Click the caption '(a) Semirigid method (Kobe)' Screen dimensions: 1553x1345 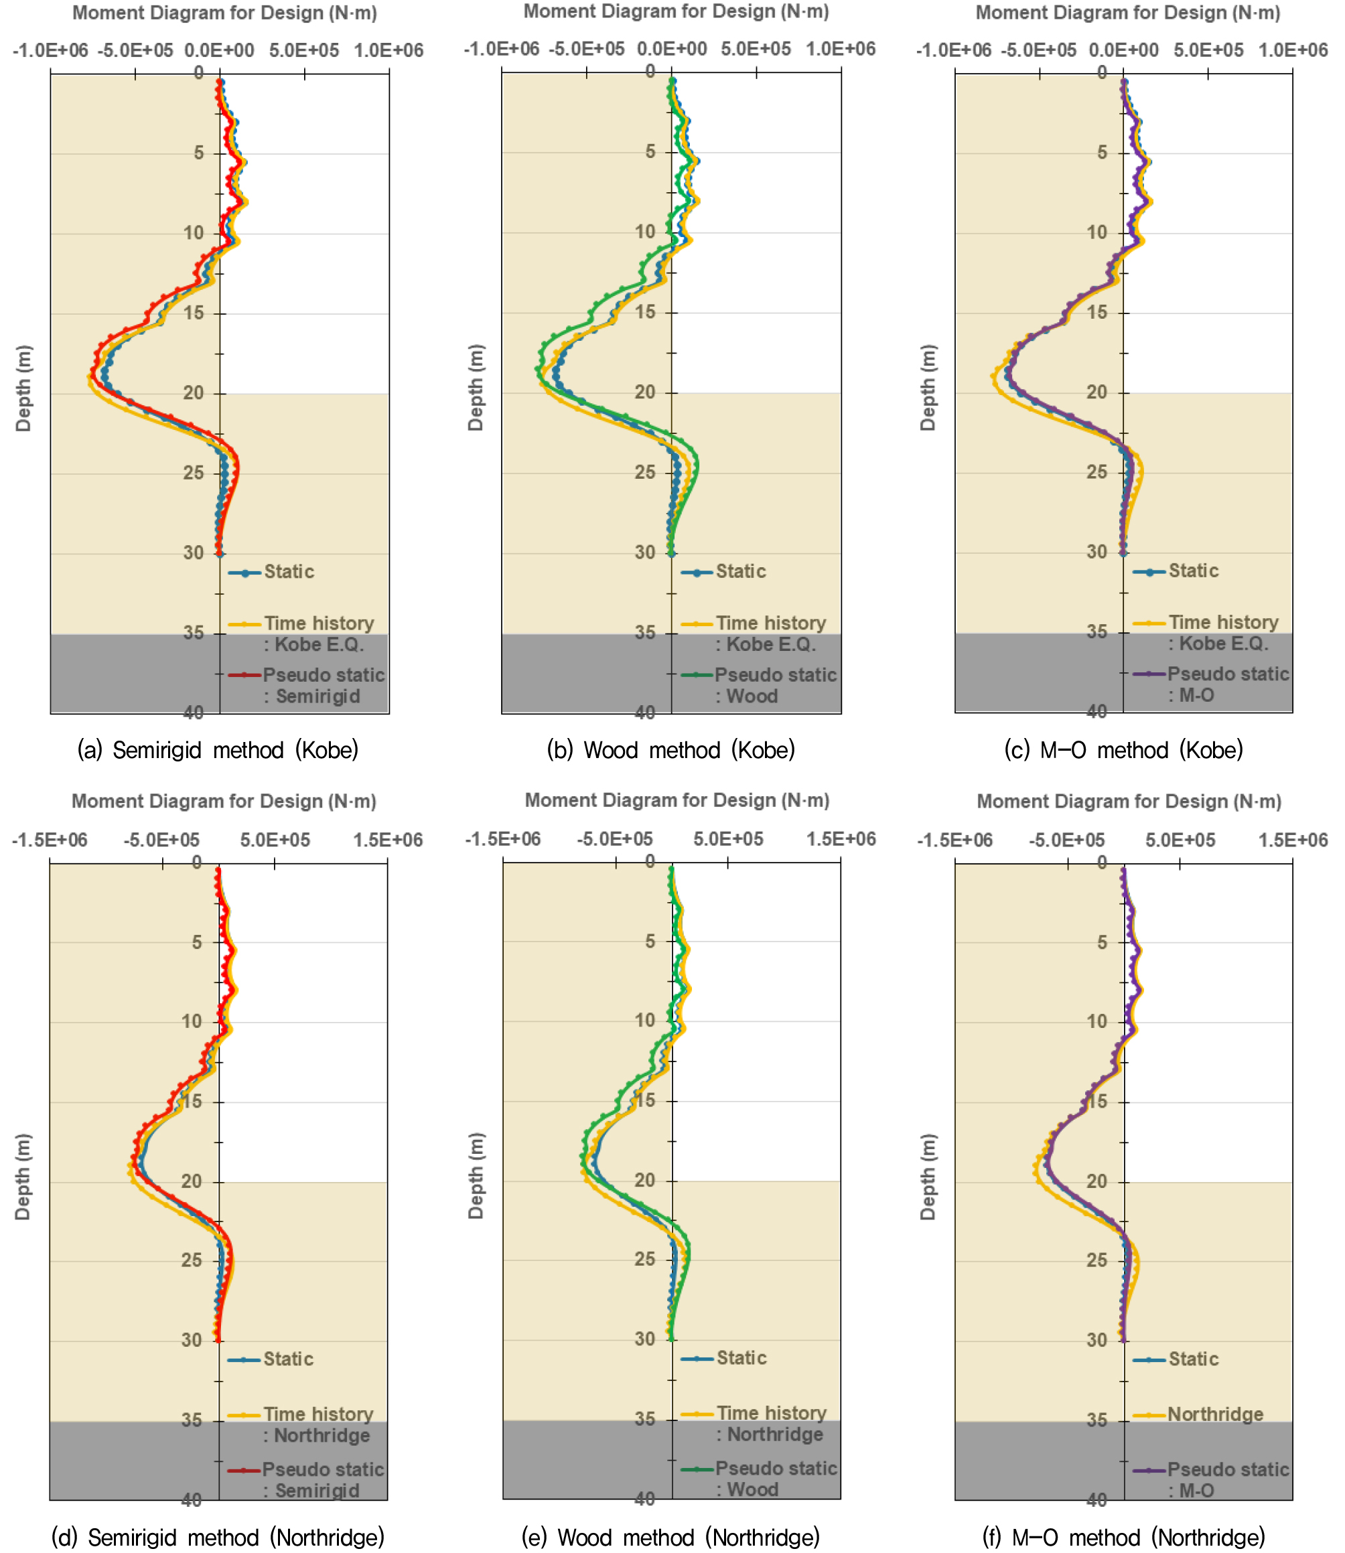click(218, 749)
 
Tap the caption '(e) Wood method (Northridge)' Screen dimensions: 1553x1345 click(670, 1537)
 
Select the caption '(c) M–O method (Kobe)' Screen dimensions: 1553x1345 click(1123, 749)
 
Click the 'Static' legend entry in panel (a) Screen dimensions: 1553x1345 click(288, 572)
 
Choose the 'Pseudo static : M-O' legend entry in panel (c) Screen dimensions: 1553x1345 click(1227, 684)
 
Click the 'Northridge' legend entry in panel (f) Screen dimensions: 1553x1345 click(1215, 1414)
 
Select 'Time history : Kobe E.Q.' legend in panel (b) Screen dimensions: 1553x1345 click(770, 634)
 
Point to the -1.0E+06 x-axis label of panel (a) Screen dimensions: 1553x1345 click(50, 50)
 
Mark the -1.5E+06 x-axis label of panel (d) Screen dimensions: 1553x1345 click(50, 840)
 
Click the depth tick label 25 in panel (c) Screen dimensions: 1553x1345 click(1096, 472)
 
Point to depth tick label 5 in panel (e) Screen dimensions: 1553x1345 click(650, 941)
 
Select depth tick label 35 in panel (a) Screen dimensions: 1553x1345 click(194, 632)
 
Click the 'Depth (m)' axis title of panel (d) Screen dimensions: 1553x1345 click(23, 1177)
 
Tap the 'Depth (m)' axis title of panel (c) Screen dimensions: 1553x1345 click(928, 387)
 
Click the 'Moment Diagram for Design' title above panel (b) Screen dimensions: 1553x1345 click(675, 11)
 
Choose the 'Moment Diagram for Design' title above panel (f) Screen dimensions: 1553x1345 click(1128, 801)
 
